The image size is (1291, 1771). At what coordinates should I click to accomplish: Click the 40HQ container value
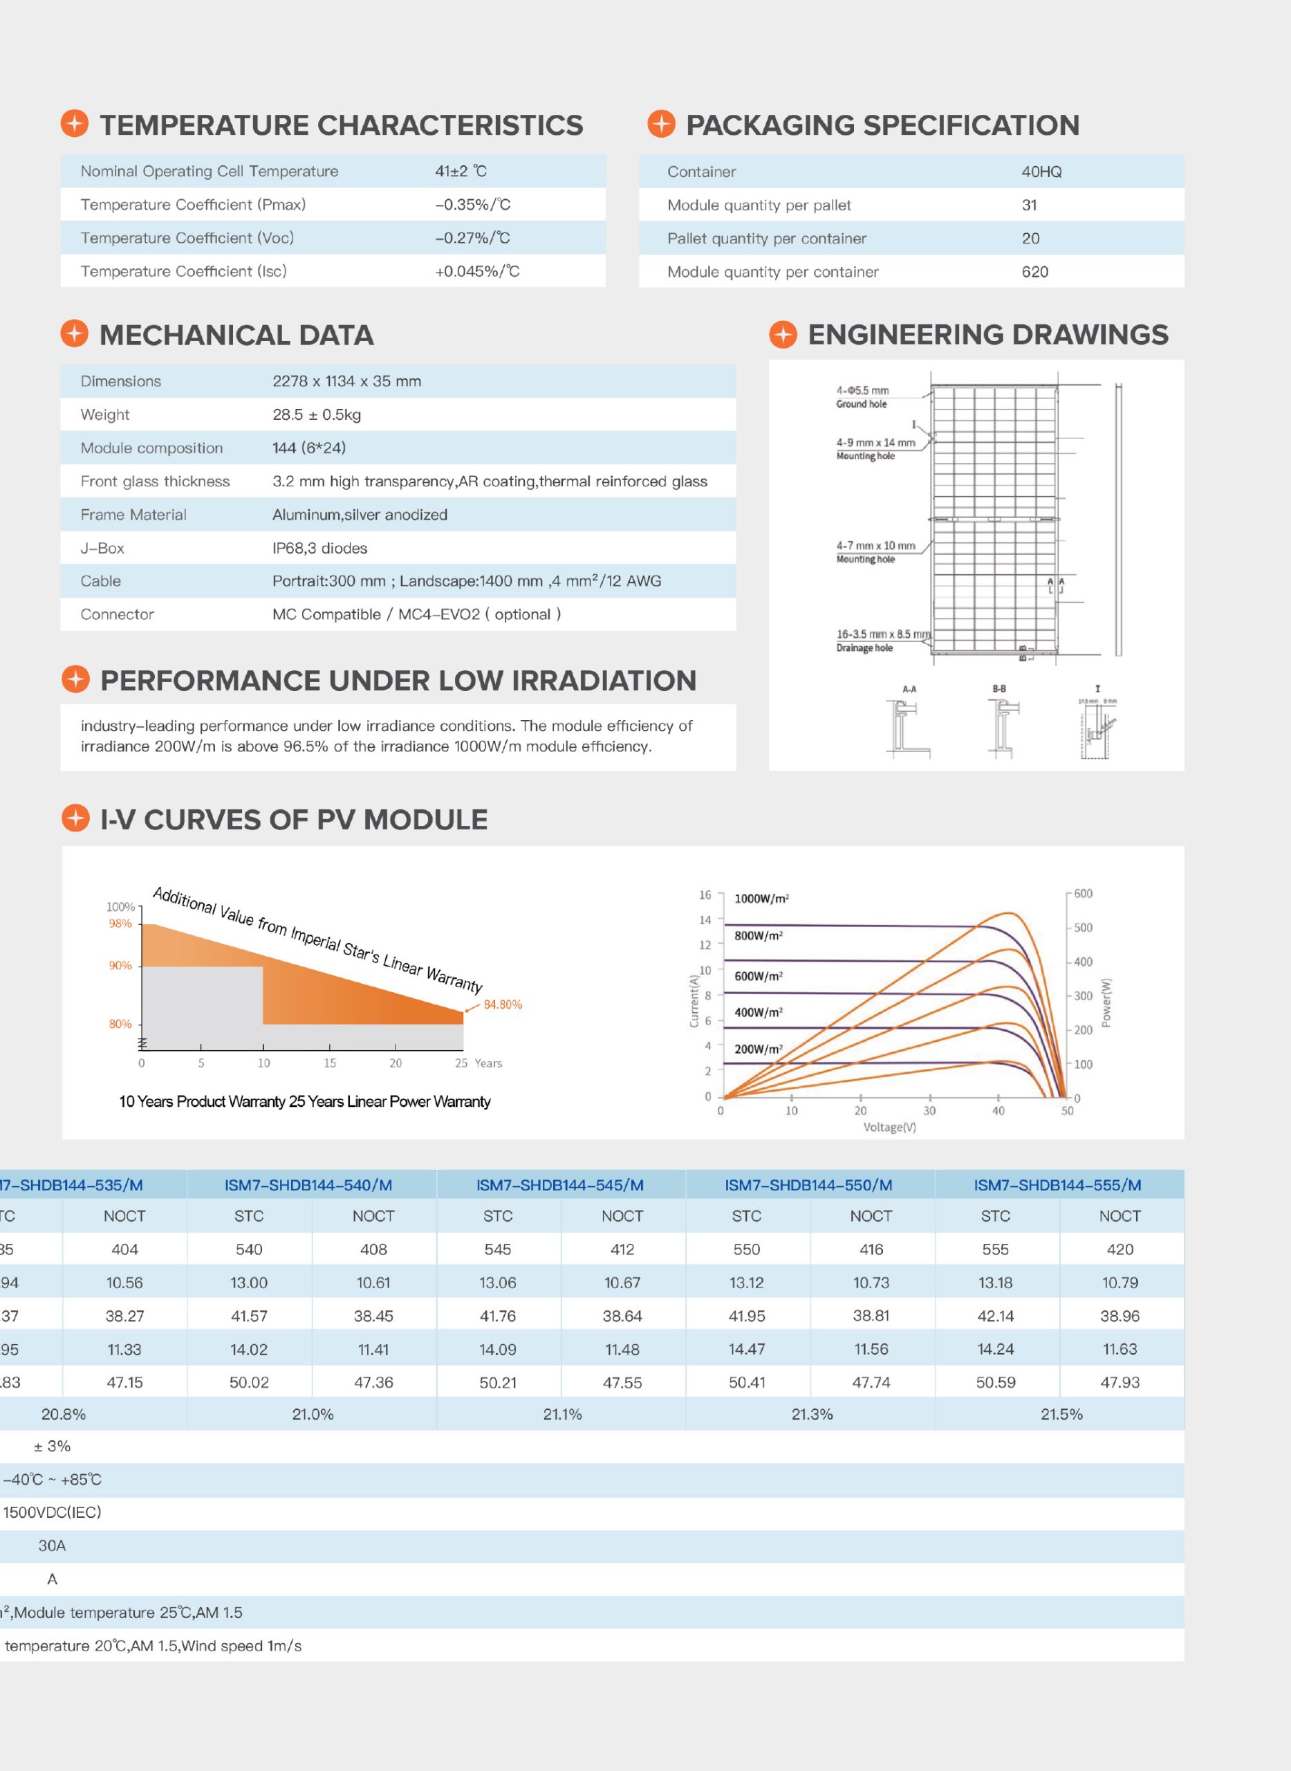[1041, 172]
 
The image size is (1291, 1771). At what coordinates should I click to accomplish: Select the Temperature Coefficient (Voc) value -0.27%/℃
[472, 238]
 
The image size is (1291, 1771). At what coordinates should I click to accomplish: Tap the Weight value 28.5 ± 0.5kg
[317, 414]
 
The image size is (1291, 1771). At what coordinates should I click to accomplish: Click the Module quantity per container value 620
[1034, 272]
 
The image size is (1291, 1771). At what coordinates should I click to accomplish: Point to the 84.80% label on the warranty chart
[503, 1004]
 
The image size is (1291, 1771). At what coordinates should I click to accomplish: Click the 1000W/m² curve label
[761, 899]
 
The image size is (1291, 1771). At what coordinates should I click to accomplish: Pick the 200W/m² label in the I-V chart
[758, 1049]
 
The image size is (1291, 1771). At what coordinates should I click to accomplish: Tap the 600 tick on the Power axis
[1083, 894]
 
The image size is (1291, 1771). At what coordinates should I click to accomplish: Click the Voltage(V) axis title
[889, 1127]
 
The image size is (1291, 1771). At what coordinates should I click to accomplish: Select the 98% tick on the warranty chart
[120, 924]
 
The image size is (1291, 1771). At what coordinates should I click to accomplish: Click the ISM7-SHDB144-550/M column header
[808, 1184]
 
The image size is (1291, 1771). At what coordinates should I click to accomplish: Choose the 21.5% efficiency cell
[1061, 1413]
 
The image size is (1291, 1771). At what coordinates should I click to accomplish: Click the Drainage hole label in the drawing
[864, 648]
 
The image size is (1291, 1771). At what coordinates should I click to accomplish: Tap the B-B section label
[999, 689]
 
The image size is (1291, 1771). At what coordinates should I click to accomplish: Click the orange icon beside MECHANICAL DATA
[75, 334]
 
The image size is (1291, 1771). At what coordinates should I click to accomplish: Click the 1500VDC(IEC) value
[53, 1512]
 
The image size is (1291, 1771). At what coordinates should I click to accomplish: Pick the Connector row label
[118, 614]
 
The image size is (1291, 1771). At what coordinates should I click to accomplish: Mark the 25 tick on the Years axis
[461, 1063]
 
